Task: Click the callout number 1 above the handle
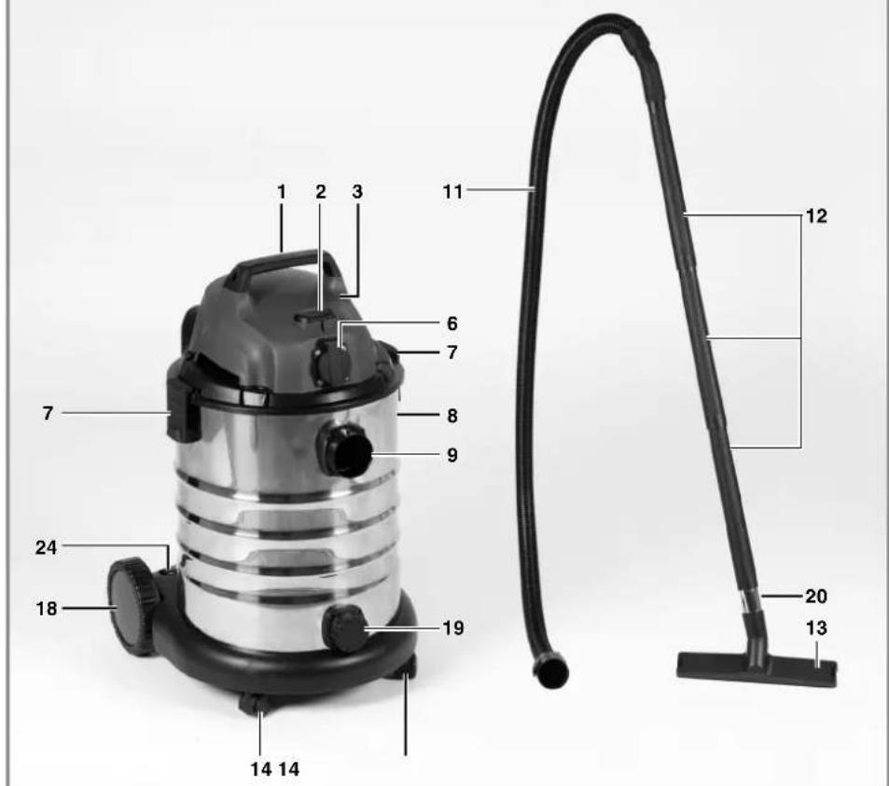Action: click(282, 192)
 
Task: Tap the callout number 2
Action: click(321, 192)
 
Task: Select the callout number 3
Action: click(356, 192)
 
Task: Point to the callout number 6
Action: click(451, 324)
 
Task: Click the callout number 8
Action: click(451, 416)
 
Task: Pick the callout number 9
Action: click(451, 455)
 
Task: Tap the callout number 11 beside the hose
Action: click(452, 192)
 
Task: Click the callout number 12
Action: click(816, 216)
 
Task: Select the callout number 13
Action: click(816, 627)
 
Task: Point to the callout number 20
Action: click(816, 596)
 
